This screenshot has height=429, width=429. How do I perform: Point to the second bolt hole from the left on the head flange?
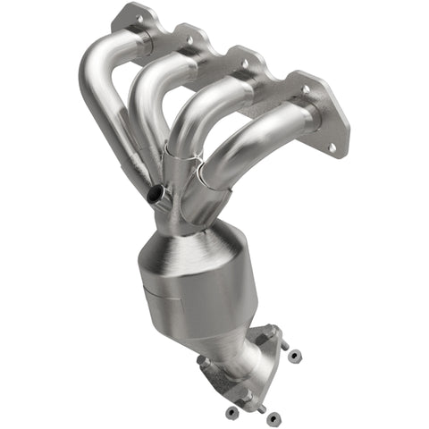point(188,38)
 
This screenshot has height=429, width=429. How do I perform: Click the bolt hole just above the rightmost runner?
point(305,89)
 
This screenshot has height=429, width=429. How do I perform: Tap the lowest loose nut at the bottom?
point(273,416)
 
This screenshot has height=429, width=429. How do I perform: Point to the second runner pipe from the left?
point(147,98)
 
